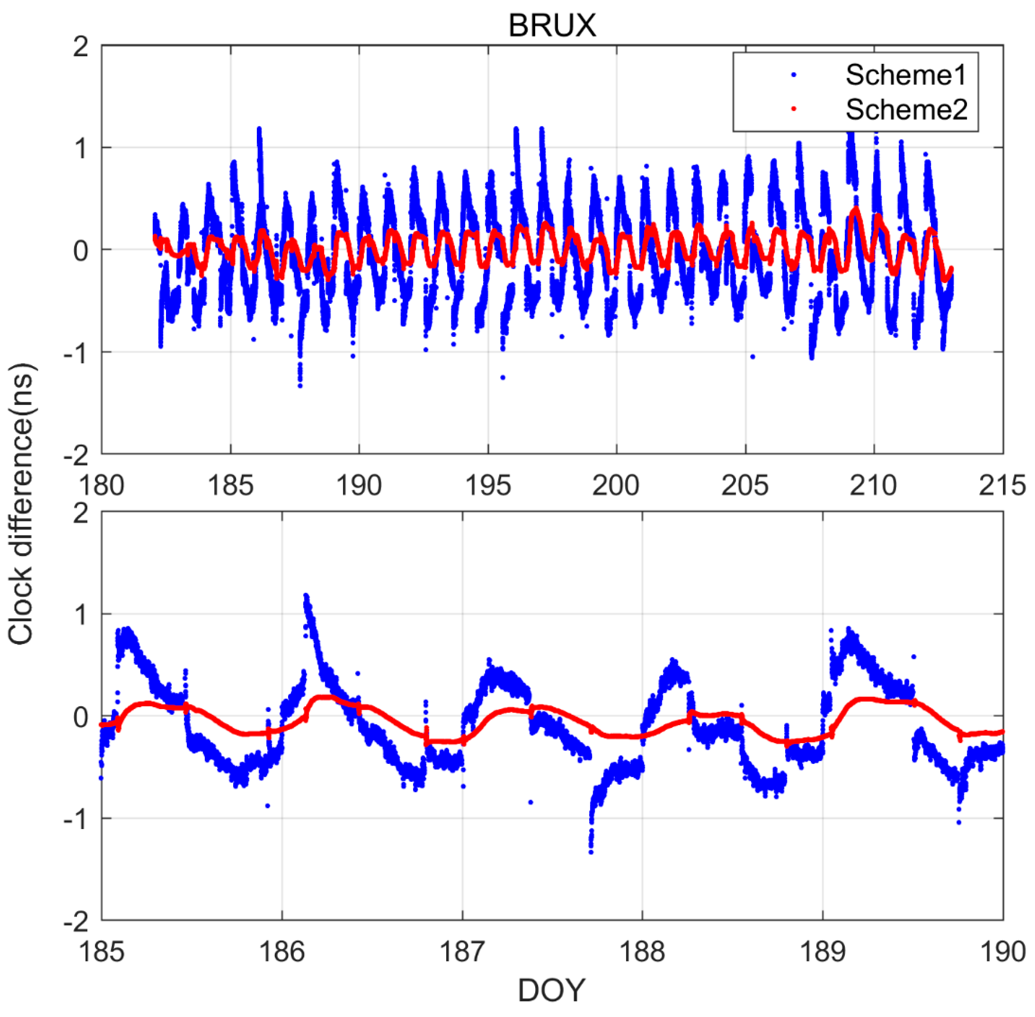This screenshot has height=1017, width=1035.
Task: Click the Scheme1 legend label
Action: (906, 75)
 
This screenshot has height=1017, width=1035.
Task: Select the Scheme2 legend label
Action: (906, 110)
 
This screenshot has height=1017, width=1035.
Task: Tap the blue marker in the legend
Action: (794, 75)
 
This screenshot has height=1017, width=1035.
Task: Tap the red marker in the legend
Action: (794, 110)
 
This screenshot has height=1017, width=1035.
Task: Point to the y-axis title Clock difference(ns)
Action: (21, 504)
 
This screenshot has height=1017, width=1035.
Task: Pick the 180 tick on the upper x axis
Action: (102, 485)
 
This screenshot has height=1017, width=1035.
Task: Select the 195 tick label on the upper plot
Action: (488, 485)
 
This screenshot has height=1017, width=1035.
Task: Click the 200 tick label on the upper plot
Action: (616, 485)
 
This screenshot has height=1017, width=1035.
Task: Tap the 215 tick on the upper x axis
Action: (1002, 485)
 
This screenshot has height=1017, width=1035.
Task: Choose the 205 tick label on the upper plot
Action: (745, 485)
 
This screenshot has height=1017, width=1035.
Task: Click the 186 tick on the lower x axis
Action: (282, 951)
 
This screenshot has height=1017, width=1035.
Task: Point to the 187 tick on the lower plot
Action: (462, 951)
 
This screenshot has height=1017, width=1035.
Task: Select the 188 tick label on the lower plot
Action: (643, 951)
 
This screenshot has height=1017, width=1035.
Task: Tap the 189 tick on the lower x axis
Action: (823, 951)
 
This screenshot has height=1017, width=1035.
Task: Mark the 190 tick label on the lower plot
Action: (1002, 951)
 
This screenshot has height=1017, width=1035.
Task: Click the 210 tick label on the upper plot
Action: (874, 485)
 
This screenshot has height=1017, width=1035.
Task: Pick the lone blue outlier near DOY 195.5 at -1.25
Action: (503, 378)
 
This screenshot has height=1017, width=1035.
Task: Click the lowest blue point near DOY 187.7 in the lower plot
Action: (591, 851)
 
